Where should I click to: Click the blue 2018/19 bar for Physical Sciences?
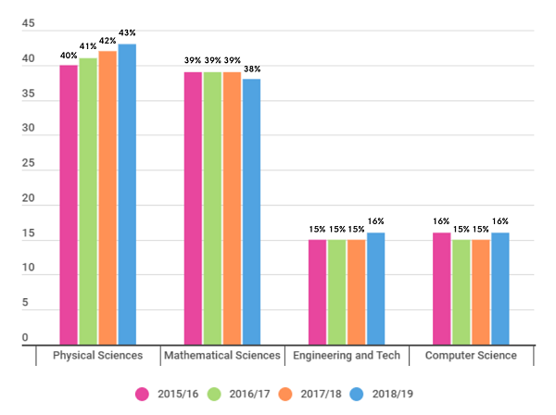[x=127, y=195]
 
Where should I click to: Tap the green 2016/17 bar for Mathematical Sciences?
[x=212, y=208]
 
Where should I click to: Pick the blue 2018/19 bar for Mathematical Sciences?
[x=251, y=212]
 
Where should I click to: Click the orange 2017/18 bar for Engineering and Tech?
[x=356, y=293]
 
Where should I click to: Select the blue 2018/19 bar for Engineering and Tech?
[x=375, y=289]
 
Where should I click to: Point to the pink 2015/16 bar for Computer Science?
[x=441, y=289]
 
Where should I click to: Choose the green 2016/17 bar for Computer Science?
[x=461, y=293]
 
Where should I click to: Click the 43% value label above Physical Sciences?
[x=127, y=32]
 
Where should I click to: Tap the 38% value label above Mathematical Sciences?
[x=252, y=69]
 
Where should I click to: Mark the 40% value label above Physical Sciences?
[x=69, y=55]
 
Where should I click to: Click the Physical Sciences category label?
[x=97, y=356]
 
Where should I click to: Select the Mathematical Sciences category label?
[x=221, y=356]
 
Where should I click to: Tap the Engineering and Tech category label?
[x=346, y=356]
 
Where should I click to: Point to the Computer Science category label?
[x=470, y=356]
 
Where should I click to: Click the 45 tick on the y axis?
[x=28, y=26]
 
